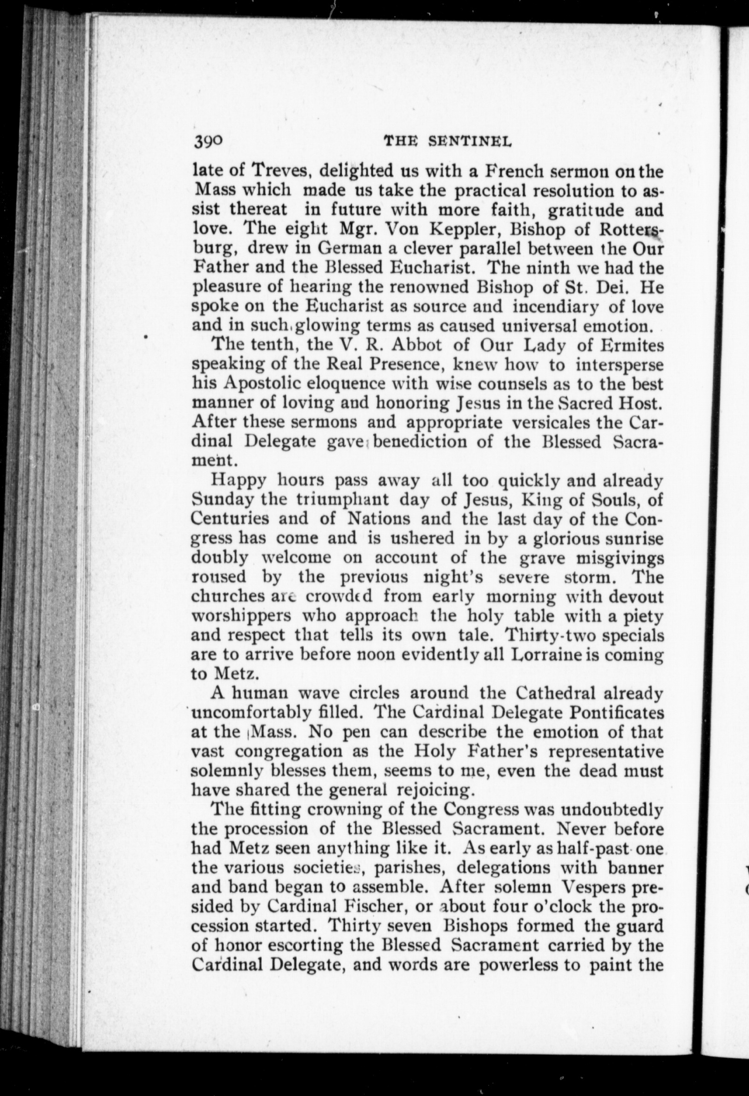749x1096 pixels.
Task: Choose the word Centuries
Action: (231, 519)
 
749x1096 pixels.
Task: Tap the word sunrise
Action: (635, 538)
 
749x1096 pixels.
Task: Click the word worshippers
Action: (242, 616)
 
